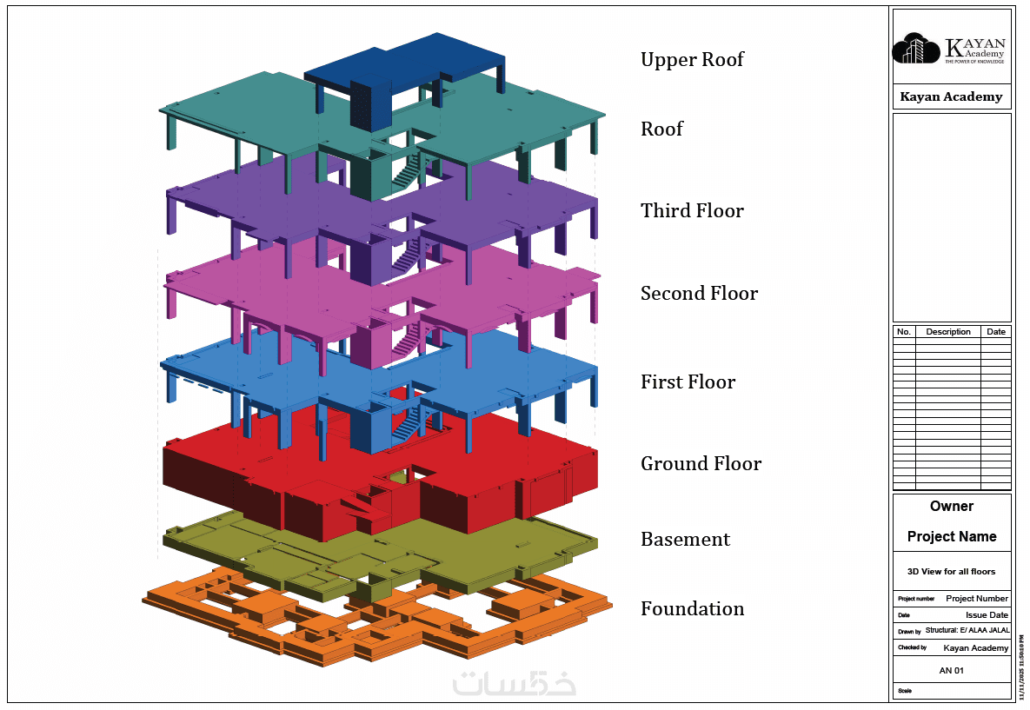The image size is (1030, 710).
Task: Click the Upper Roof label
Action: [692, 60]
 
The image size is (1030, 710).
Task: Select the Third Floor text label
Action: [692, 211]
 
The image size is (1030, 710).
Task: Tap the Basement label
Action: [685, 540]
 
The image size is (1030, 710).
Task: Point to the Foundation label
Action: [692, 609]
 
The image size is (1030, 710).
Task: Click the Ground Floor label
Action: [701, 464]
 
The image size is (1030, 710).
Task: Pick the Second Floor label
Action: [699, 294]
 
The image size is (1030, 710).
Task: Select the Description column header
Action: [947, 332]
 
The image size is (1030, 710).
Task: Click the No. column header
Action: [904, 332]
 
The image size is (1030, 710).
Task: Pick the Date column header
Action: [996, 332]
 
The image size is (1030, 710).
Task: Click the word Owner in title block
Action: [952, 507]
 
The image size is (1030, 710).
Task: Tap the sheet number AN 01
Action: [952, 671]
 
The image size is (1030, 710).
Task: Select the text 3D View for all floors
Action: [952, 572]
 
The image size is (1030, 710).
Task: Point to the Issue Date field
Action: [987, 615]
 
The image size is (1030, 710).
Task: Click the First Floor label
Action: [688, 382]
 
